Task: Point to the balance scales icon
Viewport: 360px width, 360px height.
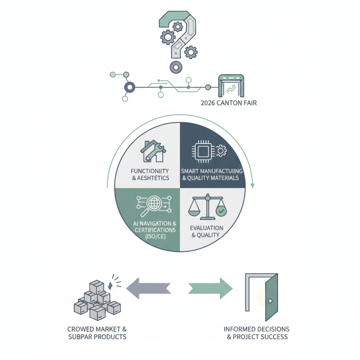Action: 207,207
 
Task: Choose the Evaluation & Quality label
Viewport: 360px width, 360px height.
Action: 205,231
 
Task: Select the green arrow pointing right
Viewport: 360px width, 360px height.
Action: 211,288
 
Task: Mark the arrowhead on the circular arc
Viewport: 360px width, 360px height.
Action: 253,184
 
